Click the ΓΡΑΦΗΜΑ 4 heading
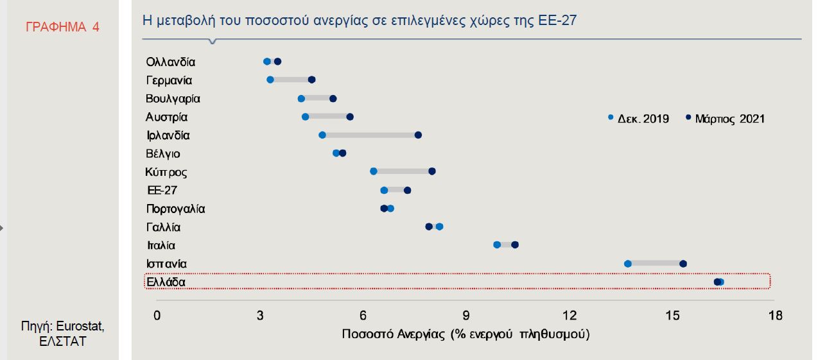tap(62, 27)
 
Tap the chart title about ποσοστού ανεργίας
tap(359, 21)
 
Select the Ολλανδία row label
tap(170, 62)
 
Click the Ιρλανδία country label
tap(168, 135)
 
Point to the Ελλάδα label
tap(166, 282)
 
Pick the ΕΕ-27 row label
tap(162, 191)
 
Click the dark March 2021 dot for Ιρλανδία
tap(418, 135)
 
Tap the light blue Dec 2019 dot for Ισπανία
tap(628, 264)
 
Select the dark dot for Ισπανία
tap(683, 264)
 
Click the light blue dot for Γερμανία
tap(270, 80)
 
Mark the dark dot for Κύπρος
tap(432, 171)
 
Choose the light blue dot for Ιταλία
tap(497, 244)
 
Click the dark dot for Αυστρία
tap(350, 117)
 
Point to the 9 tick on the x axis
tap(466, 315)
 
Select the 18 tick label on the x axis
tap(775, 315)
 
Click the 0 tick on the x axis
tap(157, 315)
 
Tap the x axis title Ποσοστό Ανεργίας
tap(466, 334)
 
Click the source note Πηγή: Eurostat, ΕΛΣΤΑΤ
tap(62, 334)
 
